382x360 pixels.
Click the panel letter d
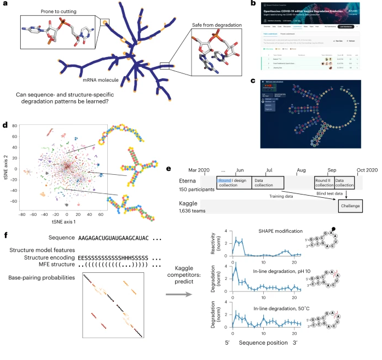click(x=5, y=126)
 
